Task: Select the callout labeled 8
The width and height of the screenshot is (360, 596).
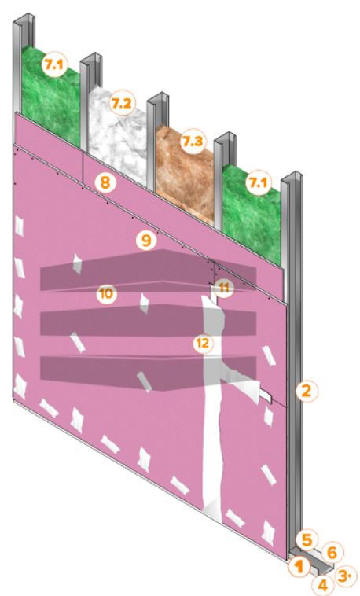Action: [105, 182]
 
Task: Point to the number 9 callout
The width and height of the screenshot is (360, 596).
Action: [147, 240]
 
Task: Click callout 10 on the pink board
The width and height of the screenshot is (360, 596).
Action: [107, 294]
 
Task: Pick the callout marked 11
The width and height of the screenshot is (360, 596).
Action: [224, 288]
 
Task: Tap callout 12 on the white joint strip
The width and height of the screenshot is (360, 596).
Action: [203, 344]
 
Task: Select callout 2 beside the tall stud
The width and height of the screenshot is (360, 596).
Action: [307, 391]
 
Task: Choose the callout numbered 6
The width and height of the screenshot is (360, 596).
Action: [332, 552]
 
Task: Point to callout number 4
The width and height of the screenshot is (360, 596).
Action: [322, 584]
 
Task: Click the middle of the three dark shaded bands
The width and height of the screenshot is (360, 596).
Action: [149, 323]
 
